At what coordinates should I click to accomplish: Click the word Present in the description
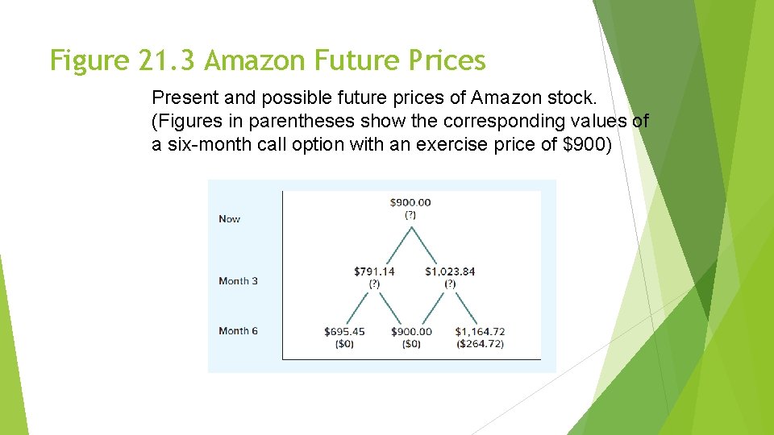click(x=181, y=98)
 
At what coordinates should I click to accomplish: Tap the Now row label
click(x=229, y=219)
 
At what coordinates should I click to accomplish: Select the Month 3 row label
click(x=238, y=281)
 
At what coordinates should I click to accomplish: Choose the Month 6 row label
click(x=238, y=331)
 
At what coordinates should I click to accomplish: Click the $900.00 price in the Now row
click(x=410, y=202)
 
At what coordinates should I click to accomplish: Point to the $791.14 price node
click(x=374, y=271)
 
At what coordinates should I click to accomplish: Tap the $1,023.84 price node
click(x=450, y=271)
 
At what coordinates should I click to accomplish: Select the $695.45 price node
click(x=344, y=331)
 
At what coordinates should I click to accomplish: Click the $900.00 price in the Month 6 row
click(x=411, y=331)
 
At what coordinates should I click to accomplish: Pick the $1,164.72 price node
click(x=480, y=331)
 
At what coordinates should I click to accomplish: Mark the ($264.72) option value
click(x=480, y=344)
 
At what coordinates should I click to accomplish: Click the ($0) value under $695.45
click(x=344, y=344)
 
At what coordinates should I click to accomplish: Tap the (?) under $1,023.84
click(x=450, y=284)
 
